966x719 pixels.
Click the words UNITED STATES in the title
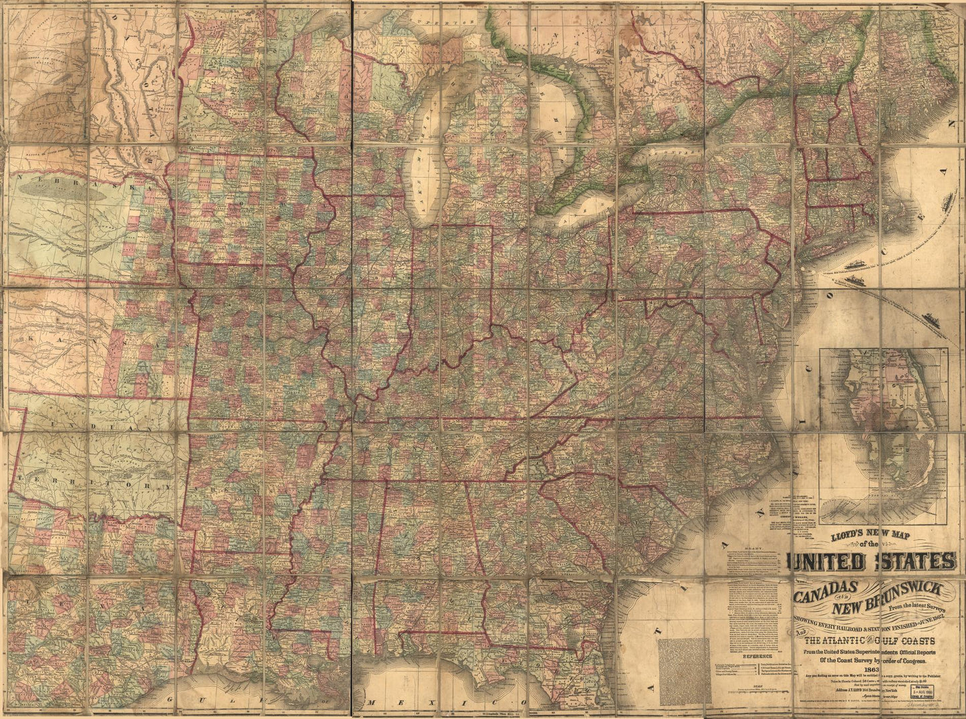click(x=873, y=560)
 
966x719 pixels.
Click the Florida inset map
click(x=883, y=435)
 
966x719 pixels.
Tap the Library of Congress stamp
click(x=933, y=689)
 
